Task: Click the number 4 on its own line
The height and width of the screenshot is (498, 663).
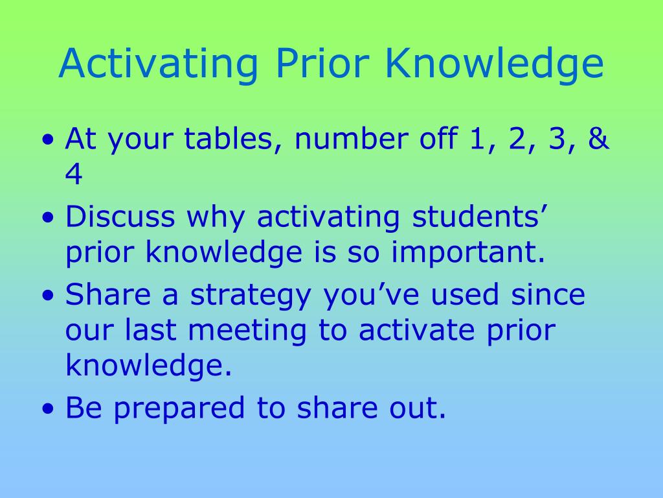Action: [x=74, y=176]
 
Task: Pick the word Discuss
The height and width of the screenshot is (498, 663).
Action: [x=120, y=217]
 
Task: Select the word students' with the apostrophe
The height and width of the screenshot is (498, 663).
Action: [x=480, y=217]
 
